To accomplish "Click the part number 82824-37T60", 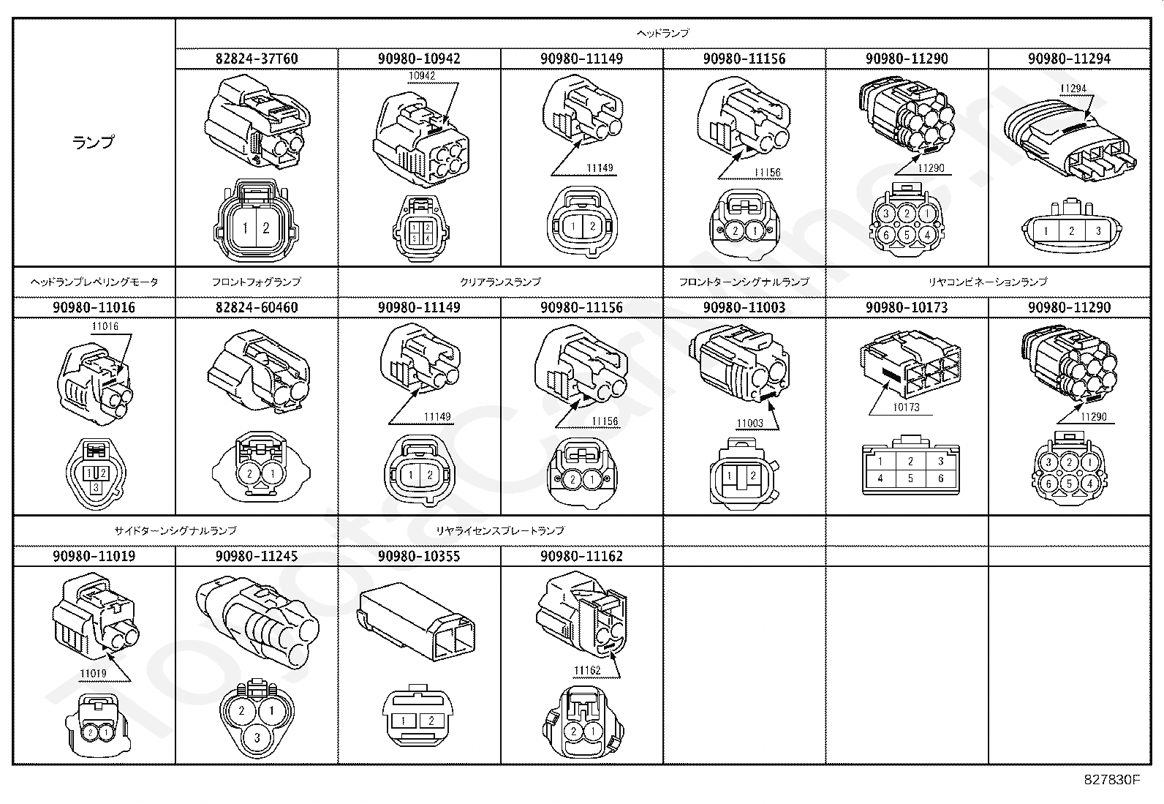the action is tap(257, 59).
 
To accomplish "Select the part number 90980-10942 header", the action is tap(419, 59).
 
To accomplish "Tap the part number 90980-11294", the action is tap(1069, 59).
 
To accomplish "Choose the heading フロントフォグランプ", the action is tap(257, 282).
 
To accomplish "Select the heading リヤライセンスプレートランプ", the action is tap(500, 530).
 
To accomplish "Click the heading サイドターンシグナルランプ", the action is tap(175, 530).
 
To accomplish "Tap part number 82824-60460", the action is tap(257, 307).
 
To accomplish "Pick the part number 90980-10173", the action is tap(907, 307).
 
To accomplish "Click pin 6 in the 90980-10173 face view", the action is tap(940, 478).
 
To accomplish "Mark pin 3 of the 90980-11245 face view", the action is tap(257, 738).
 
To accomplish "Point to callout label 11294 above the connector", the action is tap(1073, 89).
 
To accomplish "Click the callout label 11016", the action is tap(105, 326).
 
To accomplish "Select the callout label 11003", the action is tap(749, 423).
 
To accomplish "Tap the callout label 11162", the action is tap(586, 670).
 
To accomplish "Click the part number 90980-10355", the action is tap(419, 556).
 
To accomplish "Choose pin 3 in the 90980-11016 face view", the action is tap(95, 485).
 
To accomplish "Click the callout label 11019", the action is tap(93, 674).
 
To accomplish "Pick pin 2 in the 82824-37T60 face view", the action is tap(266, 228).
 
